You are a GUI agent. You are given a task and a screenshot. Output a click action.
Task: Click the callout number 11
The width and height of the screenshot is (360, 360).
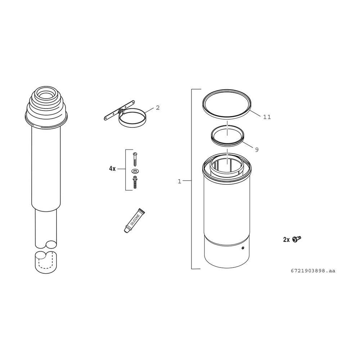pos(267,117)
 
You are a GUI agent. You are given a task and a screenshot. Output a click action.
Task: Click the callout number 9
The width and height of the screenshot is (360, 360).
pos(257,150)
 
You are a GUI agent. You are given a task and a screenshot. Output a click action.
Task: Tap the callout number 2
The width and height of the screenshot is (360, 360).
pos(158,108)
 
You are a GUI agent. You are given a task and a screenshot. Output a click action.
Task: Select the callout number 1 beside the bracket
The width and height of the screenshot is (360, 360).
pos(179,181)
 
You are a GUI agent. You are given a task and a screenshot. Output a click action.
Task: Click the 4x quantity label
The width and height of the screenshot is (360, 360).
pos(112,169)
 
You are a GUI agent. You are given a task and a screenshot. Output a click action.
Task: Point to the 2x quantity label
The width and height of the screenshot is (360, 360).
pos(287,240)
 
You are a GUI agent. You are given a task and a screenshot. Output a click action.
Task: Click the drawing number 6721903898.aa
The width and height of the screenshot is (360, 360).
pos(313,271)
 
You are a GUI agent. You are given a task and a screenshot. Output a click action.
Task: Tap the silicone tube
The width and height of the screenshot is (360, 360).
pos(135,221)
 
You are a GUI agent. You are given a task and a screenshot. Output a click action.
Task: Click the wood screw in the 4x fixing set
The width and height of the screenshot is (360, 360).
pos(135,159)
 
